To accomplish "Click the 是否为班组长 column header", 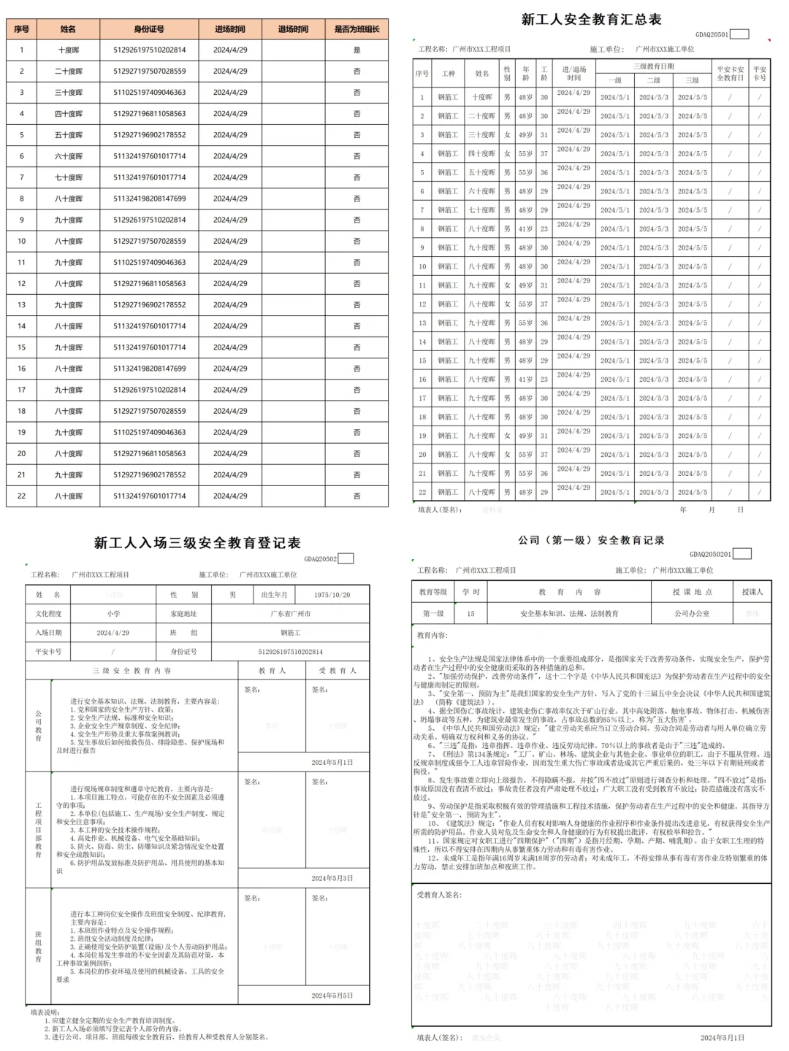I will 357,29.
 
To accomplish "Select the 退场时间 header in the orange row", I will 293,29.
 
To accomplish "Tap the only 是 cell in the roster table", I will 357,50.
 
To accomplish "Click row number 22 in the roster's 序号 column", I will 22,496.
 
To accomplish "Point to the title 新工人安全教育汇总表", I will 591,20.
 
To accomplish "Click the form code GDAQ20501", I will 712,34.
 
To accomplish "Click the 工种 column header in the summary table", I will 448,74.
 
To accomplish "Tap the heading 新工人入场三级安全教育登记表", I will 197,543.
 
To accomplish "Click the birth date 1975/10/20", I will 332,595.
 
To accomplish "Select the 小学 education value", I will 113,614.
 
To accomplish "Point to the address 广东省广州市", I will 290,614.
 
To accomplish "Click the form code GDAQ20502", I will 320,559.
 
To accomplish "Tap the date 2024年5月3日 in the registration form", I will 332,878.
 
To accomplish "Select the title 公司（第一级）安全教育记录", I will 591,540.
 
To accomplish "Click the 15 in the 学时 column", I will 470,614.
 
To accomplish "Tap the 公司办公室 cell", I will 691,614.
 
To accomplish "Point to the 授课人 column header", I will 752,592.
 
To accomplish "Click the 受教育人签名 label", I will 439,895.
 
